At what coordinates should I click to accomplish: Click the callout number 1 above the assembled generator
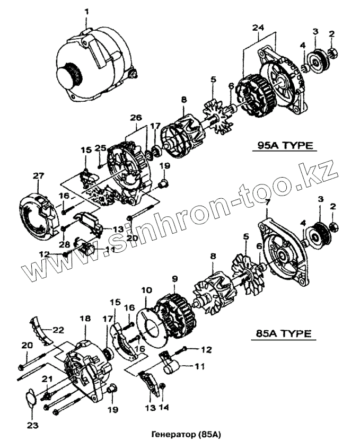click(87, 11)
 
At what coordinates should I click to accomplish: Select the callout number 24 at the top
click(258, 27)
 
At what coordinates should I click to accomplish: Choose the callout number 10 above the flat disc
click(146, 290)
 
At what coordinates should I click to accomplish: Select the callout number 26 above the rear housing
click(135, 117)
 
